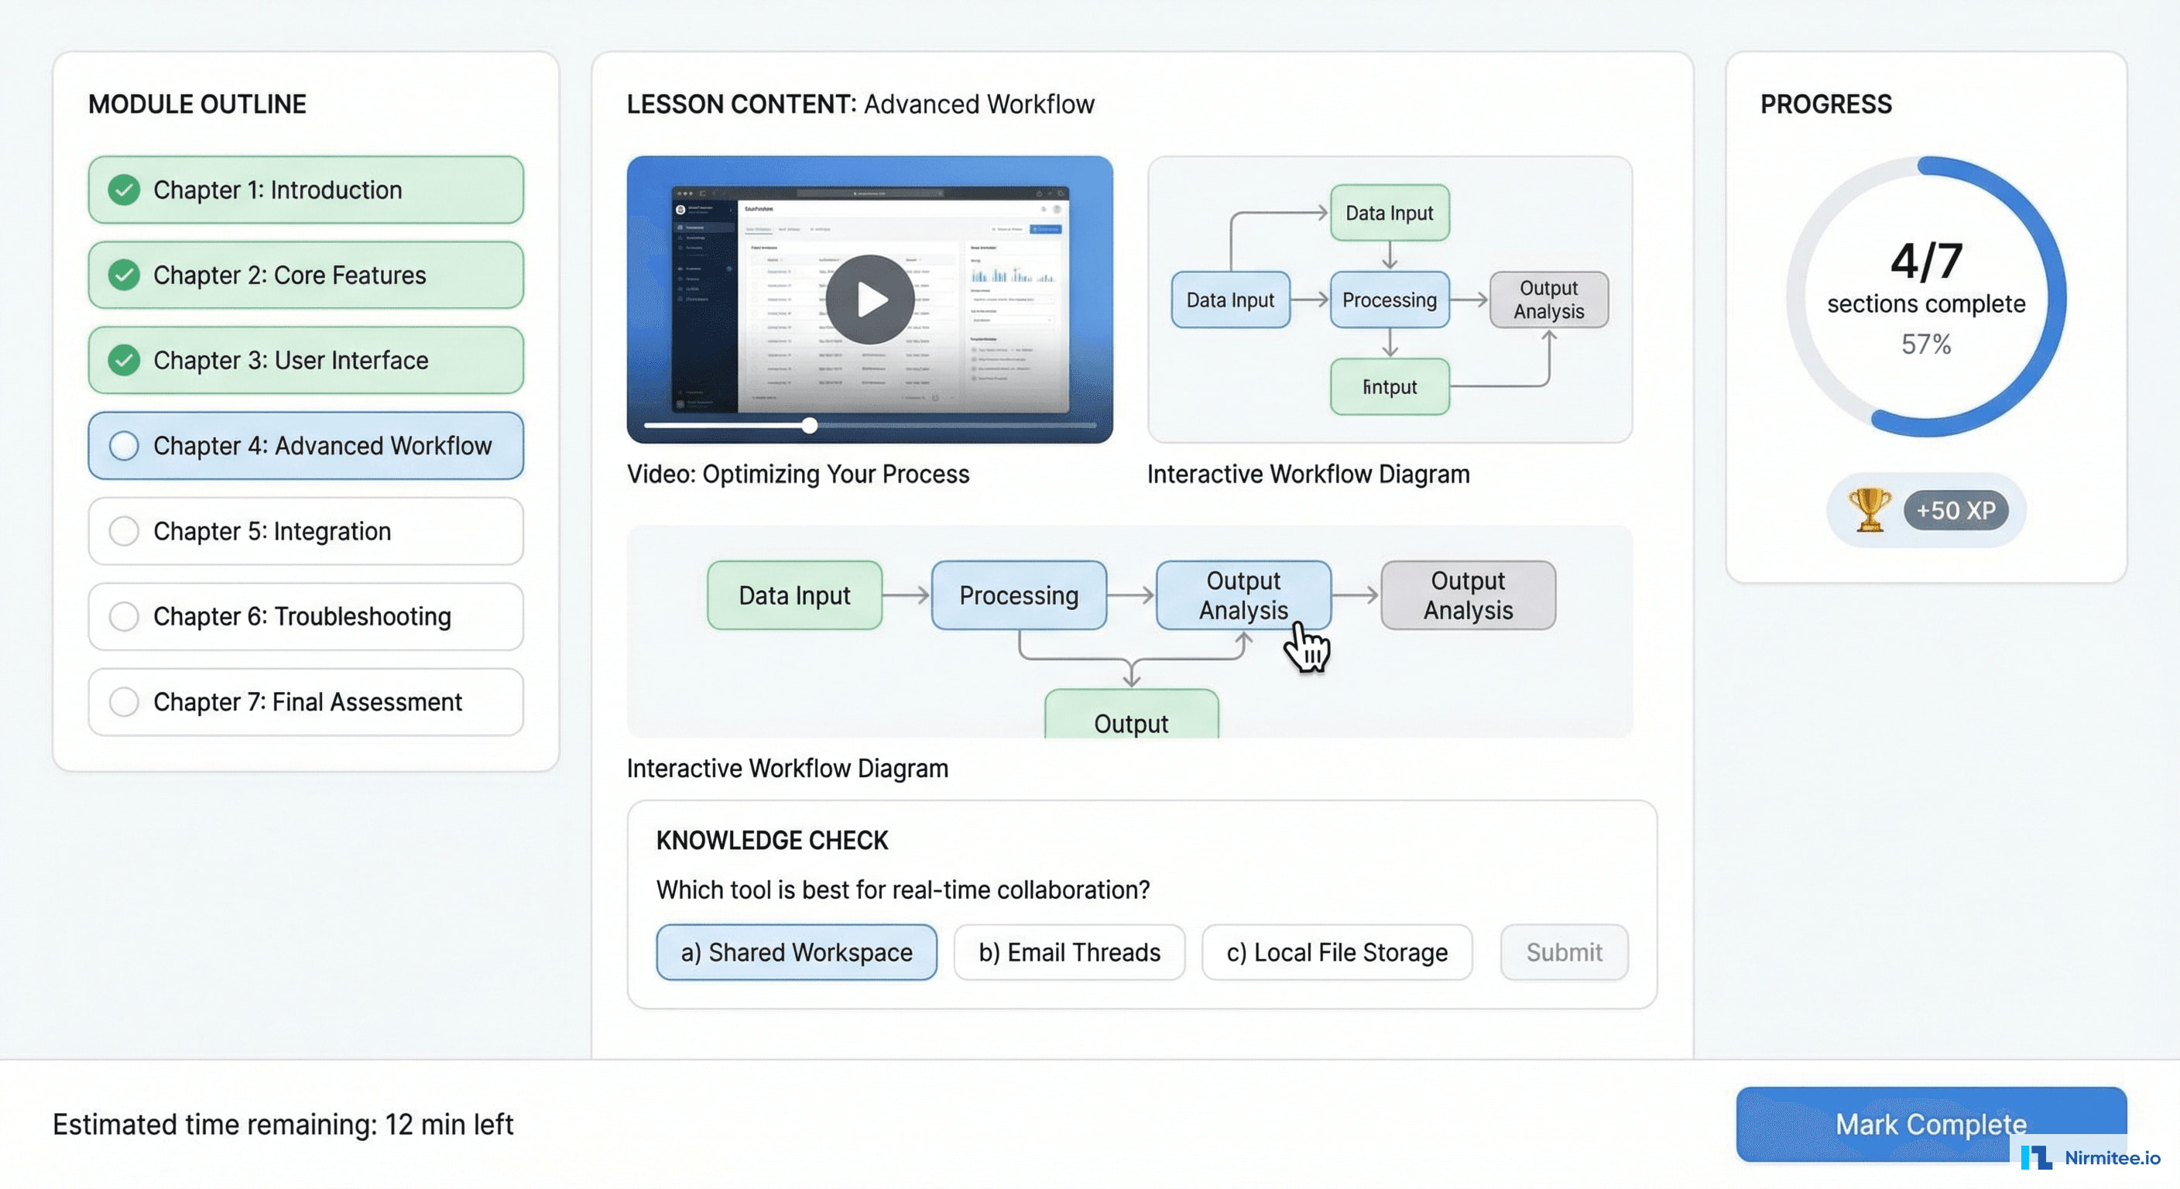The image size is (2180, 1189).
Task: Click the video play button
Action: pyautogui.click(x=869, y=300)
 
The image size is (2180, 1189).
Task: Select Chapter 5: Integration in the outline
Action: pyautogui.click(x=306, y=532)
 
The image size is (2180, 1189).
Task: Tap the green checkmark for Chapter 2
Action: pyautogui.click(x=125, y=275)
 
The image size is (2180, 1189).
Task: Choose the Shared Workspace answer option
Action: pyautogui.click(x=796, y=952)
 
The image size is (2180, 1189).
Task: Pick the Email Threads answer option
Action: pyautogui.click(x=1069, y=952)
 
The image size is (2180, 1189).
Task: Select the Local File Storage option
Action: pyautogui.click(x=1336, y=952)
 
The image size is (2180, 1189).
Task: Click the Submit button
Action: pyautogui.click(x=1563, y=952)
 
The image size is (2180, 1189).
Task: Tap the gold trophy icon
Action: pyautogui.click(x=1869, y=509)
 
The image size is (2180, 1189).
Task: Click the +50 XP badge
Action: pyautogui.click(x=1955, y=510)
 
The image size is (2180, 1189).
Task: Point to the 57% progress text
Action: pyautogui.click(x=1925, y=344)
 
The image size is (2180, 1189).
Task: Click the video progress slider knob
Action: pyautogui.click(x=810, y=426)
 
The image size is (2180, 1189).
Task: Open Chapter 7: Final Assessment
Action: pyautogui.click(x=306, y=701)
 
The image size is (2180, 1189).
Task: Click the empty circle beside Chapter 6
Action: pyautogui.click(x=125, y=616)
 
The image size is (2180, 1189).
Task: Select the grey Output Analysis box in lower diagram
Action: pyautogui.click(x=1468, y=595)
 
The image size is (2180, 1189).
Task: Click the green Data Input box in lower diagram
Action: pyautogui.click(x=794, y=595)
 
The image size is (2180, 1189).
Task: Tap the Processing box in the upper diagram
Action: pyautogui.click(x=1389, y=300)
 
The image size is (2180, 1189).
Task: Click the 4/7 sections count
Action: pyautogui.click(x=1925, y=261)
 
